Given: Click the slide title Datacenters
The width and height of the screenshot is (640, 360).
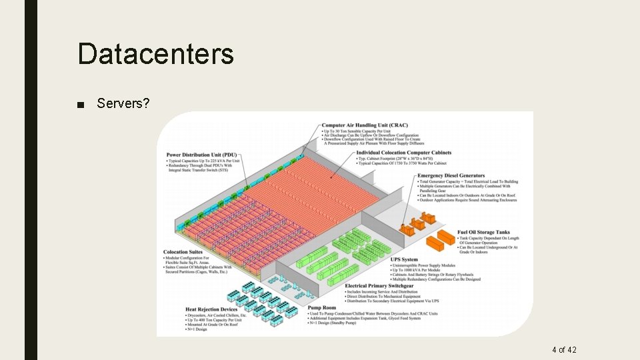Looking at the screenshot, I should [155, 53].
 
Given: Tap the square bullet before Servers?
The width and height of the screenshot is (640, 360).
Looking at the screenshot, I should [81, 105].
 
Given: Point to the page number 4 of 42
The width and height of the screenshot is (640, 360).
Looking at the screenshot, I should [564, 350].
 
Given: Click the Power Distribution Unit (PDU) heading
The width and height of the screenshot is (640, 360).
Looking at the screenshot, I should [201, 155].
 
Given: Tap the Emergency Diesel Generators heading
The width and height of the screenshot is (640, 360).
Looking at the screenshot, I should [451, 176].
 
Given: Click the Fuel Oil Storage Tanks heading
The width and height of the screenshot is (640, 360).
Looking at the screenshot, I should [483, 233].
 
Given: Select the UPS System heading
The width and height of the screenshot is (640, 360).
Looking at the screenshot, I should [405, 260].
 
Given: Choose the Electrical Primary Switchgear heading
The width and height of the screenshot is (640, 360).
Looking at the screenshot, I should [379, 286].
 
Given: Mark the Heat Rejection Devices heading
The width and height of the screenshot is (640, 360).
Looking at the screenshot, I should [211, 309].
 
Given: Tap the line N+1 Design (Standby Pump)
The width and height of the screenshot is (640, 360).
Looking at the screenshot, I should [341, 323].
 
